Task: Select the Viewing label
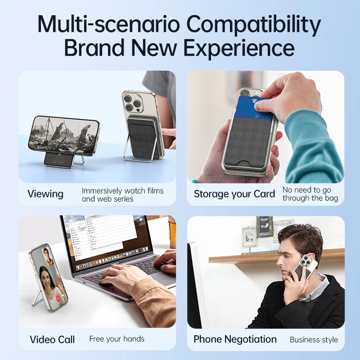point(45,194)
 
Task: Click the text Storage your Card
point(234,194)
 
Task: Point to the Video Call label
point(52,339)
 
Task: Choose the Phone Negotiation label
point(235,339)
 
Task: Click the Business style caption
point(314,339)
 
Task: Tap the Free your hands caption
point(117,338)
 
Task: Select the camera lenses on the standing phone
point(131,103)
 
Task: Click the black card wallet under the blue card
point(252,140)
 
